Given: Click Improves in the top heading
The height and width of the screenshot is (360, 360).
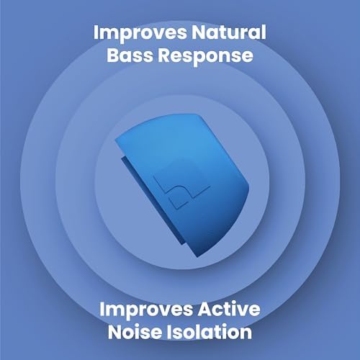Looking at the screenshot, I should point(137,34).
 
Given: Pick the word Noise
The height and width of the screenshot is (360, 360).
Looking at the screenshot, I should point(135,333).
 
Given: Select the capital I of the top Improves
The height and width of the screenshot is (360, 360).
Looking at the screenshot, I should point(96,34).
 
